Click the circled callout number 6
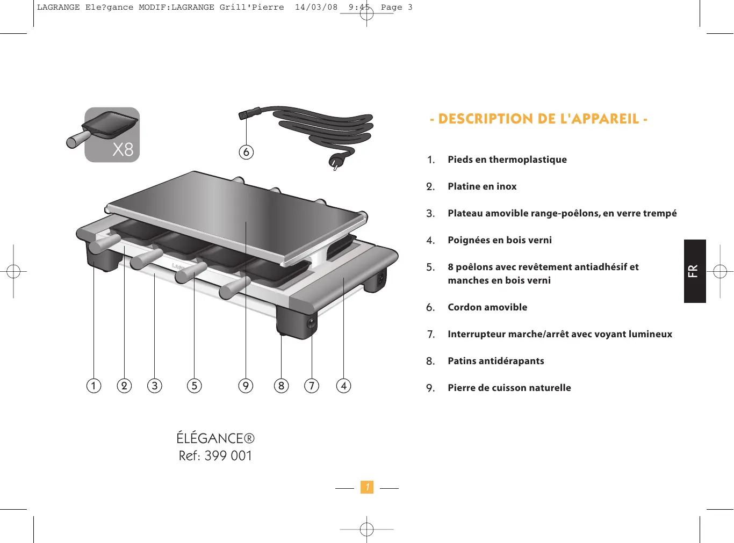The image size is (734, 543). click(246, 152)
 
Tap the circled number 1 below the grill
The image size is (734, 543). click(94, 386)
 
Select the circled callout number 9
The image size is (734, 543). click(246, 386)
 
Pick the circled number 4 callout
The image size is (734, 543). click(344, 386)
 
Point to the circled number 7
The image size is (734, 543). click(312, 386)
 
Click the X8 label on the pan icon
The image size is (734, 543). click(123, 149)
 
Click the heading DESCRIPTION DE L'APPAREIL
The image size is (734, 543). click(538, 119)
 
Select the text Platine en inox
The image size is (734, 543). click(482, 186)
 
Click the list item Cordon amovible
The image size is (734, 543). click(487, 307)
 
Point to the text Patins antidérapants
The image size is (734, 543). click(495, 361)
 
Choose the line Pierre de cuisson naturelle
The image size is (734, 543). click(509, 388)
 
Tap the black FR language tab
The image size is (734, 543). click(694, 271)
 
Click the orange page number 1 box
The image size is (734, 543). click(367, 487)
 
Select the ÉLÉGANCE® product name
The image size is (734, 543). click(215, 438)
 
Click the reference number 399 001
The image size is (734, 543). click(228, 456)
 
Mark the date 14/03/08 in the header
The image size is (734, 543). click(316, 8)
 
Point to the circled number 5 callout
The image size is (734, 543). click(195, 386)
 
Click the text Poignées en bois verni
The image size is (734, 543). click(499, 240)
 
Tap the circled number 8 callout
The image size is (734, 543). click(281, 386)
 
